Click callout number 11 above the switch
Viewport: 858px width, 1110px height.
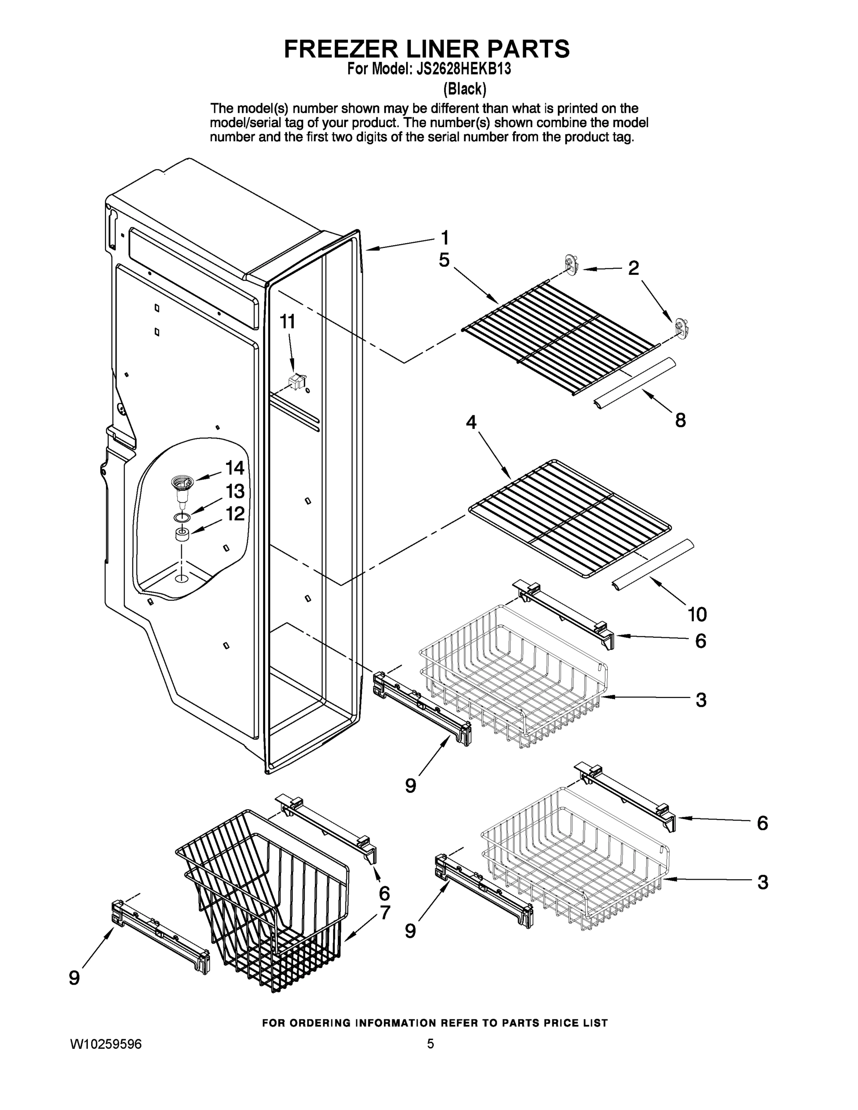point(288,322)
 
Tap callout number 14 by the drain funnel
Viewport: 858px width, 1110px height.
point(235,468)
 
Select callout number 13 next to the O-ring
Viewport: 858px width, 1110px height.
point(235,492)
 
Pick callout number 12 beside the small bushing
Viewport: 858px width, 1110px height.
point(235,514)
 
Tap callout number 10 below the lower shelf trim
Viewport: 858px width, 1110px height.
point(698,615)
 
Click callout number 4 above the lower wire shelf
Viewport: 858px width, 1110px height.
point(471,422)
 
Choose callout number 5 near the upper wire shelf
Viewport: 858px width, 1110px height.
point(444,260)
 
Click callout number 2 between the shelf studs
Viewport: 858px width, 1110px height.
point(633,268)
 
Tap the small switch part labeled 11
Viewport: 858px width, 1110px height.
point(297,381)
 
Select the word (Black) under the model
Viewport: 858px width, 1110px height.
point(464,89)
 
